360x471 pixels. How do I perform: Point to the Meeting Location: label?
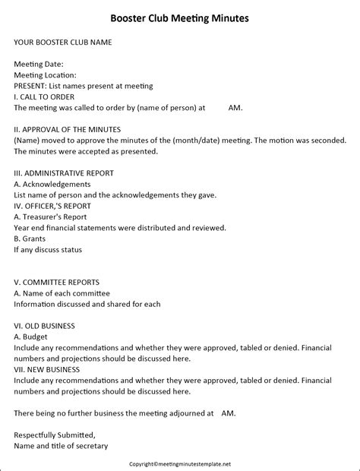point(45,75)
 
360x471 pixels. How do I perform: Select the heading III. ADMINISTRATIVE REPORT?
point(64,173)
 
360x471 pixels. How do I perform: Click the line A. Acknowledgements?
point(52,184)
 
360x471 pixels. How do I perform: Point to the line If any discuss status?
point(48,249)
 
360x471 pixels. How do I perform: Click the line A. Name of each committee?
point(62,293)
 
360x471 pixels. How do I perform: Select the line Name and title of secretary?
point(62,446)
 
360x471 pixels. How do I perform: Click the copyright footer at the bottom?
point(179,463)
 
